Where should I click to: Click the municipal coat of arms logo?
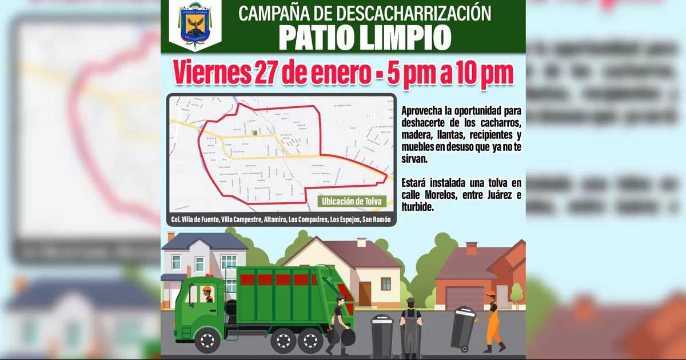point(195,26)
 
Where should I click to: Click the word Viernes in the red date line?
point(210,73)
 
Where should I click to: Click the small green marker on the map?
point(255,133)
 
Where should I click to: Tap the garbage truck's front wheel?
point(208,341)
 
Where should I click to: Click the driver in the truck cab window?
point(206,294)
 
